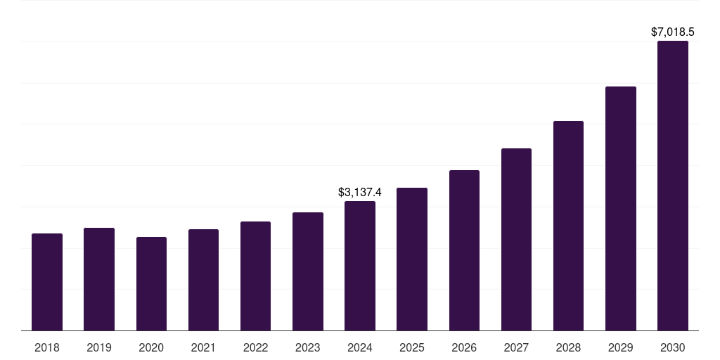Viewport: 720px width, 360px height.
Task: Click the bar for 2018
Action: (47, 282)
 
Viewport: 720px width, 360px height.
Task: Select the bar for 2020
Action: (151, 284)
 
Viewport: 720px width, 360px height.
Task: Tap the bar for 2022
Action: (255, 276)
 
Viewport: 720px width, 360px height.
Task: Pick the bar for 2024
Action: (360, 266)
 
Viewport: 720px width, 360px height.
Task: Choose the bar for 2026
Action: (464, 250)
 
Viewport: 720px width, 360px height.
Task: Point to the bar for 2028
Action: (568, 226)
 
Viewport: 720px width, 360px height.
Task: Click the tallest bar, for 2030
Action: (673, 186)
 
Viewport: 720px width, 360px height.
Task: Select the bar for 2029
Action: (620, 209)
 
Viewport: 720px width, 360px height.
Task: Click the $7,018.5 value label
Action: (673, 32)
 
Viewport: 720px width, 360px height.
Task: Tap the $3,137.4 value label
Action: (360, 192)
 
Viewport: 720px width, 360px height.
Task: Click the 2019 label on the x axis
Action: (99, 347)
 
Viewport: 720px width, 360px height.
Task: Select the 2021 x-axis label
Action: (203, 347)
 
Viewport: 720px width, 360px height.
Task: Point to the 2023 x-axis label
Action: (308, 347)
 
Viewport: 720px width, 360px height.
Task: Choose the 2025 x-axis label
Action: (412, 347)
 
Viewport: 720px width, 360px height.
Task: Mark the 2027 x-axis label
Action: (516, 347)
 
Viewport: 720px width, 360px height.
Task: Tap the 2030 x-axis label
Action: (673, 347)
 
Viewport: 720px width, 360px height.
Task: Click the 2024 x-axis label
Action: (360, 347)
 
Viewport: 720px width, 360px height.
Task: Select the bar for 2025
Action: (412, 259)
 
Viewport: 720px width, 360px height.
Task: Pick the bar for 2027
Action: (516, 240)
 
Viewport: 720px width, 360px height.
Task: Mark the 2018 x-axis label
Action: (47, 347)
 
